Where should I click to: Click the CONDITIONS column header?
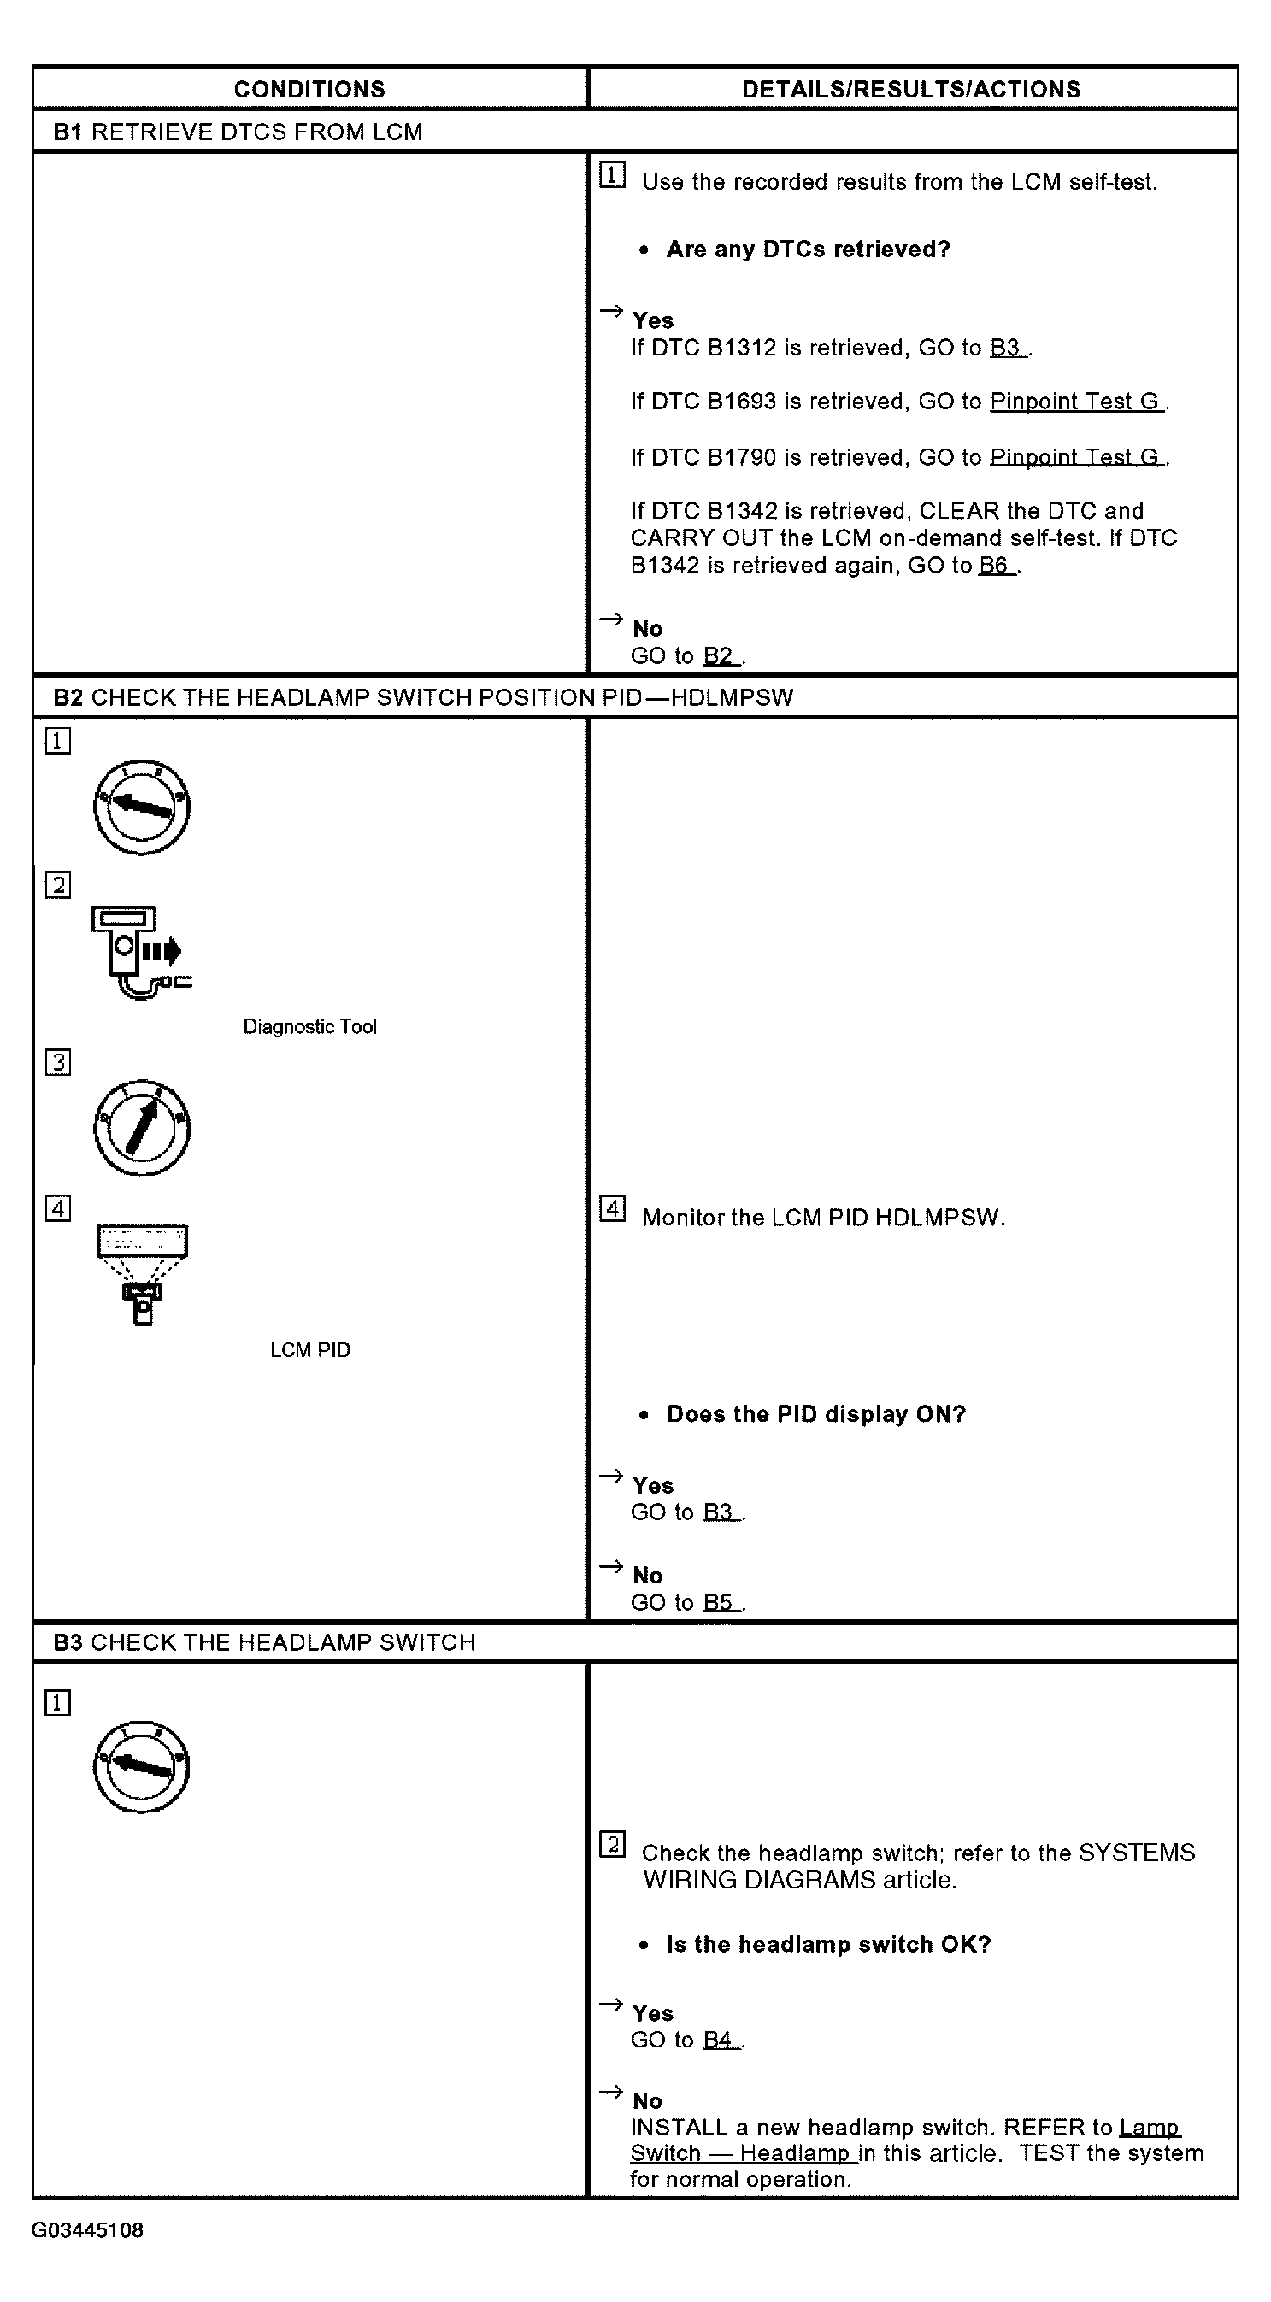click(x=309, y=90)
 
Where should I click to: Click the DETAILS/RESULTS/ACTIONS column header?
click(x=911, y=90)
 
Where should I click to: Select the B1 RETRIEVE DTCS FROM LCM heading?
click(x=238, y=132)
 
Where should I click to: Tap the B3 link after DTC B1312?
click(x=1009, y=349)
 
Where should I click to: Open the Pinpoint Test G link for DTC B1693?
click(x=1076, y=402)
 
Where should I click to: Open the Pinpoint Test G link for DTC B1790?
click(x=1076, y=457)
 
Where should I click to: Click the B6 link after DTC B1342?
click(x=997, y=566)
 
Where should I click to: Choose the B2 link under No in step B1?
click(x=721, y=656)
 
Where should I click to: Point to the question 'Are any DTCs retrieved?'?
click(x=808, y=250)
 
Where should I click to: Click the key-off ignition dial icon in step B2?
click(x=141, y=807)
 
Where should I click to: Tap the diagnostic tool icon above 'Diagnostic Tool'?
click(x=141, y=953)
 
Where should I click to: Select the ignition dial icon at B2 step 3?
click(x=141, y=1128)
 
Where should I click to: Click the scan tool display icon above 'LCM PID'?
click(x=142, y=1273)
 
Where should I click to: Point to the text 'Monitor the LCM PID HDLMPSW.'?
click(x=823, y=1217)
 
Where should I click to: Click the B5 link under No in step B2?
click(x=721, y=1602)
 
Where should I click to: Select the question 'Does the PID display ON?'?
click(x=816, y=1415)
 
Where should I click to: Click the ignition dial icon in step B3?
click(x=141, y=1767)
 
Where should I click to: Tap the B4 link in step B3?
click(x=721, y=2040)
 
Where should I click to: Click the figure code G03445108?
click(x=87, y=2229)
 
